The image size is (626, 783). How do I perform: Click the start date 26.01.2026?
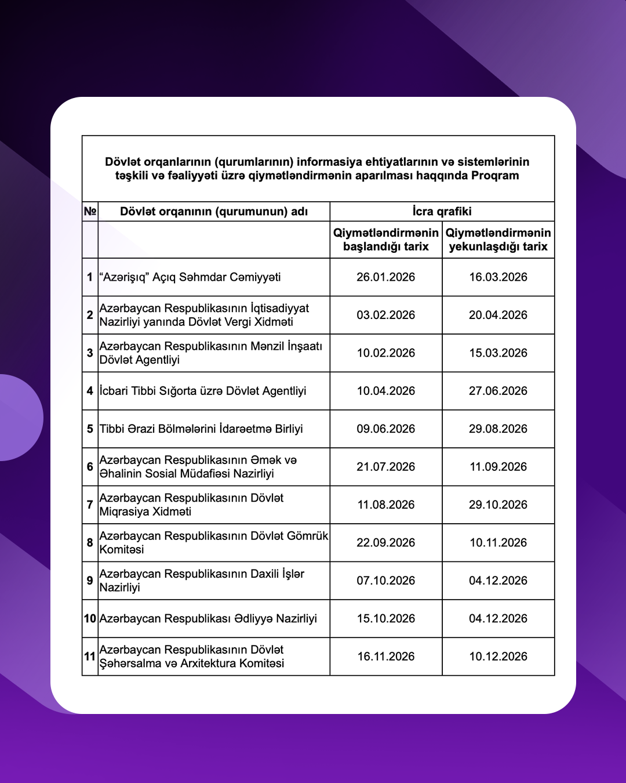coord(385,277)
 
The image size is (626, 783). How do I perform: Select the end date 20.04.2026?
coord(498,315)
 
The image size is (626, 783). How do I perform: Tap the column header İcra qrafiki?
coord(442,212)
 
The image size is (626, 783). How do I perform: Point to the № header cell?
coord(90,212)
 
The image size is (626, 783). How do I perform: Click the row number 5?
coord(90,429)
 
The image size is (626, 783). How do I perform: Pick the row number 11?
coord(90,657)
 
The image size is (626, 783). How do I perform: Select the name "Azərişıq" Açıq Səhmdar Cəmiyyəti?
coord(190,277)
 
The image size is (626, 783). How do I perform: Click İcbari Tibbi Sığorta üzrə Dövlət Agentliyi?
coord(203,391)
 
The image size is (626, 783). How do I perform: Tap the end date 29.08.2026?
coord(498,429)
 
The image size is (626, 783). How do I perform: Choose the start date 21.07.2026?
coord(385,467)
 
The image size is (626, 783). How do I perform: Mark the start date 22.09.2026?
coord(385,543)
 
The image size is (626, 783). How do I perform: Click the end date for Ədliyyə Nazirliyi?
coord(498,619)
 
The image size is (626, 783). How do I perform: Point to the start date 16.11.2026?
coord(385,657)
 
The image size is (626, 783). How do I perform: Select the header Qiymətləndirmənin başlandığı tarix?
coord(385,240)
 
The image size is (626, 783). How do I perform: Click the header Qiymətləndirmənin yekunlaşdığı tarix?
coord(498,240)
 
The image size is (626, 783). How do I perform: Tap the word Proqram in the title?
coord(495,176)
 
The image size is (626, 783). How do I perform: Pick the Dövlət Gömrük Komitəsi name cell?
coord(213,543)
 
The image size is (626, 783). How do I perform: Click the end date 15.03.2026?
coord(498,353)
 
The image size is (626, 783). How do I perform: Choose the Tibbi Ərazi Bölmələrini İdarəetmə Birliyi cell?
coord(201,429)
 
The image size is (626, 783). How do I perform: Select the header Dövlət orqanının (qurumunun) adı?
coord(213,212)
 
